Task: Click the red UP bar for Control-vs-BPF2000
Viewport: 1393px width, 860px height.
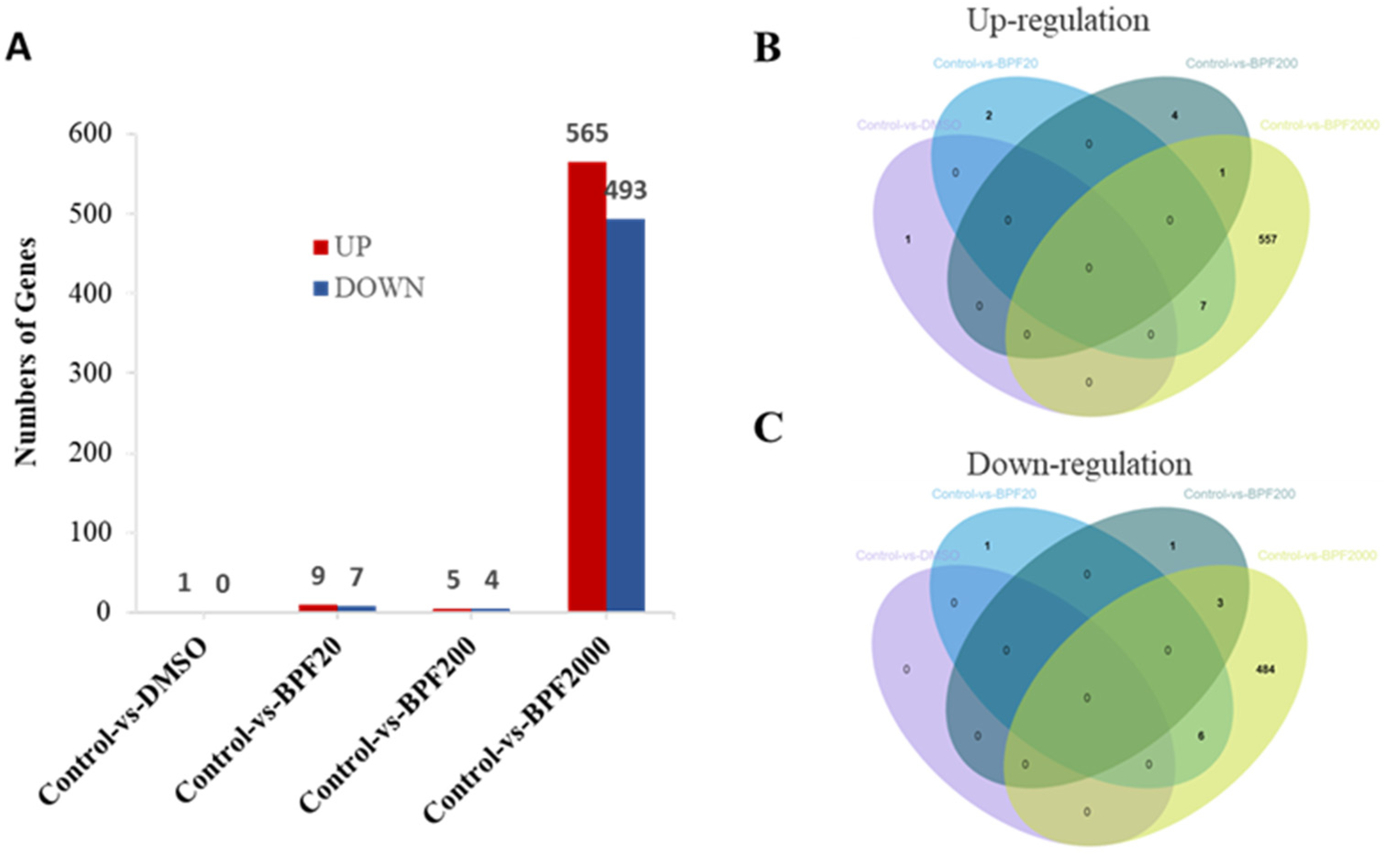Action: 587,387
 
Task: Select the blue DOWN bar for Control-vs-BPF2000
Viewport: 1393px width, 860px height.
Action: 626,415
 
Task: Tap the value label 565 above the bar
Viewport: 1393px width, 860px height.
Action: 587,134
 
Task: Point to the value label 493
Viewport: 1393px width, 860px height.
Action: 626,191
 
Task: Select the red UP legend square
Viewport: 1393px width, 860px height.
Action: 321,247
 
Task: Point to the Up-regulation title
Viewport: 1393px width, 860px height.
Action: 1058,21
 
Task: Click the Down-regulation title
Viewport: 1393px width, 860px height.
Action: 1079,464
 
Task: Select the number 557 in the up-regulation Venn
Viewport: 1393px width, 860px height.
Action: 1268,240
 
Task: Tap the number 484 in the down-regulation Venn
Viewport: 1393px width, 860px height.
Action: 1265,669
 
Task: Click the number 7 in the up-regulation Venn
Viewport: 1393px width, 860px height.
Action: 1203,306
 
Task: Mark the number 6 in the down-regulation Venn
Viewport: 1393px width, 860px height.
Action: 1201,736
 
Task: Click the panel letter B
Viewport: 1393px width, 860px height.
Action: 767,49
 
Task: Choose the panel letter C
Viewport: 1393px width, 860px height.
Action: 768,428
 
